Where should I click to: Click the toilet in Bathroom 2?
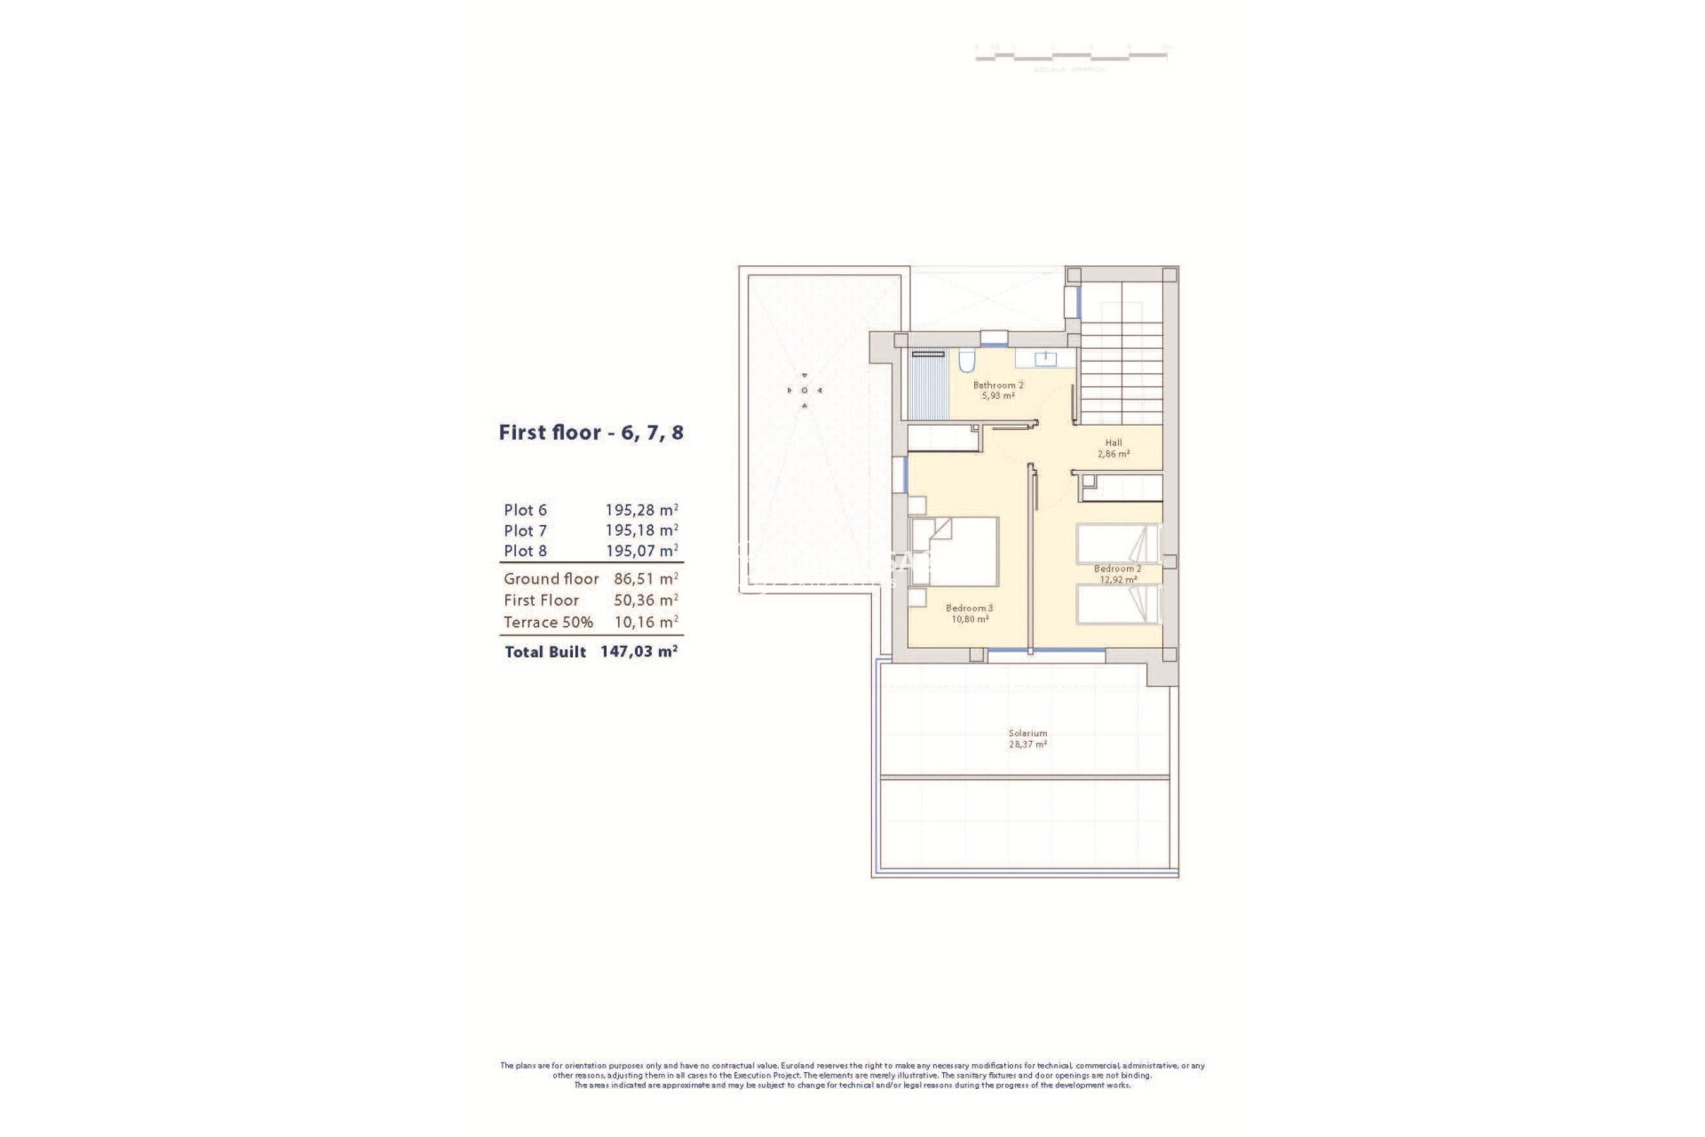tap(967, 361)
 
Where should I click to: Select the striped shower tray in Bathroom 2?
tap(930, 387)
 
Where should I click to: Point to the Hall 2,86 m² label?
tap(1114, 448)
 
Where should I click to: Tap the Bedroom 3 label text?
tap(969, 608)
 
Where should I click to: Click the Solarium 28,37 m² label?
tap(1027, 739)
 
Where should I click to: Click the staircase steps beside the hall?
tap(1121, 373)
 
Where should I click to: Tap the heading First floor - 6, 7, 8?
tap(591, 433)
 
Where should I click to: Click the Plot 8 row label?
tap(525, 551)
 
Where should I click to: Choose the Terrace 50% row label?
tap(548, 623)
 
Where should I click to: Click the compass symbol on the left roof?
tap(805, 390)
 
